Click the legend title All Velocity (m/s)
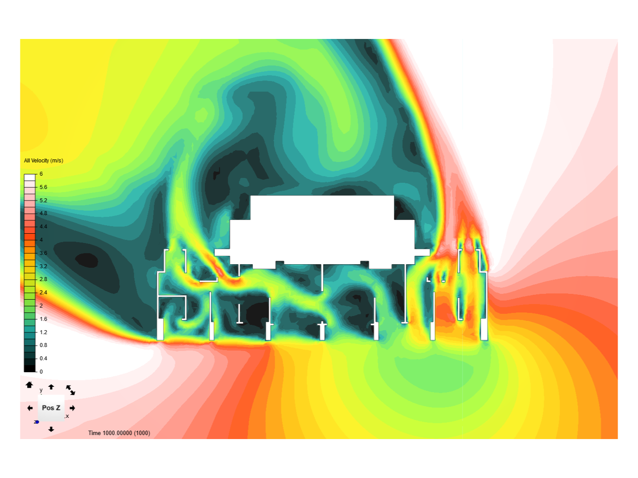[43, 161]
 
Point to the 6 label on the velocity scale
[41, 174]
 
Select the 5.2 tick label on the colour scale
[43, 200]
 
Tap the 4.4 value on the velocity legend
[43, 226]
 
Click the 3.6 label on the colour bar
[43, 253]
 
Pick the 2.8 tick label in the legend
[43, 279]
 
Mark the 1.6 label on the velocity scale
[43, 319]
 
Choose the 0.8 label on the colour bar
[43, 345]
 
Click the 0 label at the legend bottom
[41, 371]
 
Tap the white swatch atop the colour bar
[29, 177]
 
